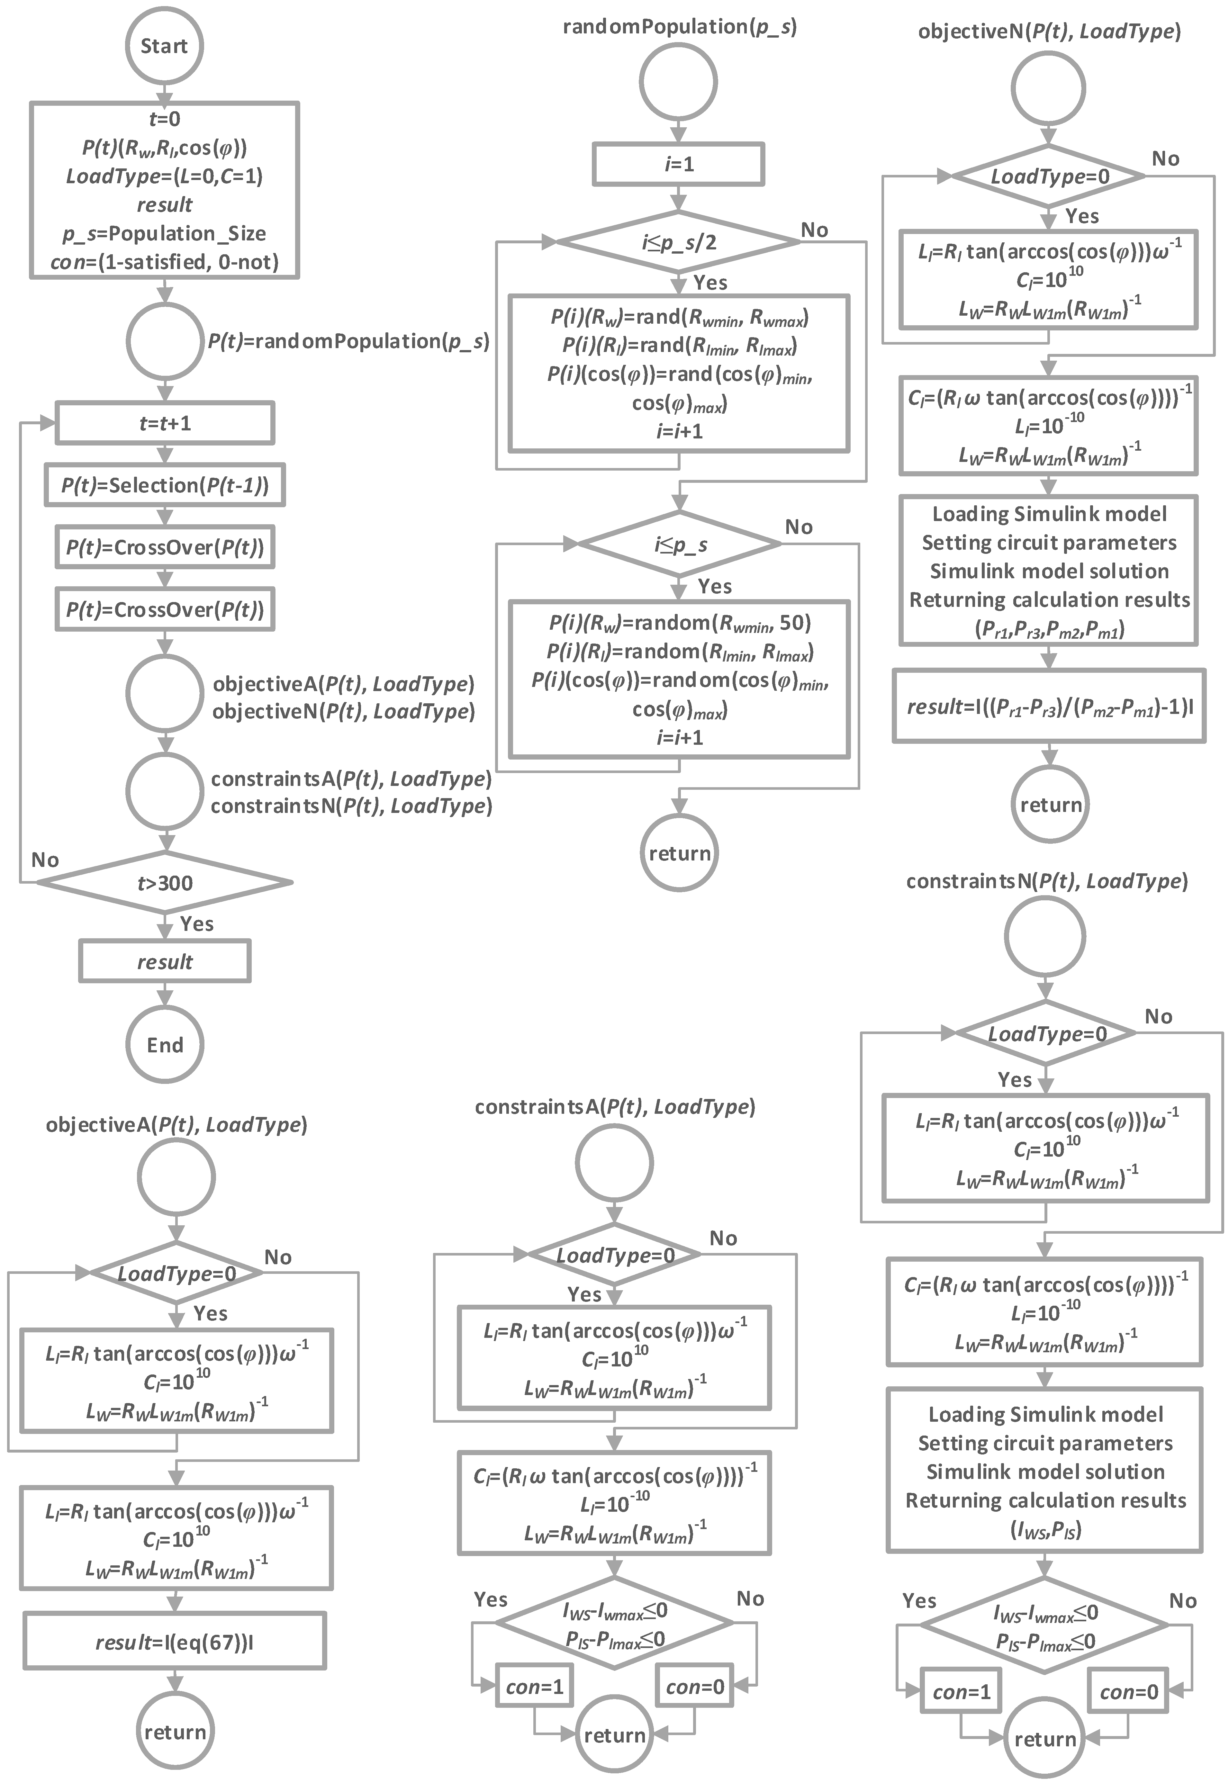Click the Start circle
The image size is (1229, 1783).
(164, 46)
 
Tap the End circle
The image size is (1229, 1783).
(165, 1045)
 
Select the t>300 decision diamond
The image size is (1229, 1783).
(165, 883)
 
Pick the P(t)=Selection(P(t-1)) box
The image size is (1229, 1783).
(165, 485)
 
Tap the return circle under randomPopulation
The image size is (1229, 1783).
(679, 853)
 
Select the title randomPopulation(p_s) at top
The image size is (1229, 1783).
(679, 27)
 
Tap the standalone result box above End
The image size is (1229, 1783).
(165, 961)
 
